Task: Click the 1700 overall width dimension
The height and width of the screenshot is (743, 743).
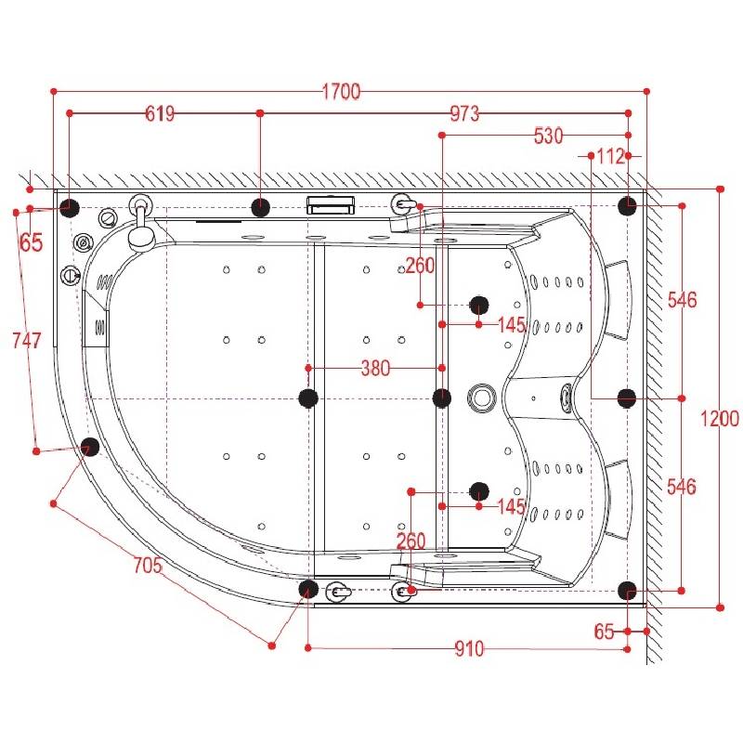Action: pyautogui.click(x=341, y=91)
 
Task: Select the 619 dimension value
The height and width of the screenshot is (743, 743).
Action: pyautogui.click(x=160, y=114)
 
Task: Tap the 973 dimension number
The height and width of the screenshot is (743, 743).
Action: pyautogui.click(x=464, y=114)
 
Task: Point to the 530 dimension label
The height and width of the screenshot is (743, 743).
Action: pyautogui.click(x=548, y=137)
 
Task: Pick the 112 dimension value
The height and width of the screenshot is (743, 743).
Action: pyautogui.click(x=609, y=157)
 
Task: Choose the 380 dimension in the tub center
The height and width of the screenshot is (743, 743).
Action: pyautogui.click(x=375, y=369)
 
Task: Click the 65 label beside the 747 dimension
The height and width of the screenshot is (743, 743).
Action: pyautogui.click(x=31, y=243)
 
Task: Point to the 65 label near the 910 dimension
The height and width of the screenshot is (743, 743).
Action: pyautogui.click(x=605, y=632)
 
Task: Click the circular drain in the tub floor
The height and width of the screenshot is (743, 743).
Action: pyautogui.click(x=483, y=398)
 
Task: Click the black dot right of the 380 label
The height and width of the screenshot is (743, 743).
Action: pyautogui.click(x=442, y=398)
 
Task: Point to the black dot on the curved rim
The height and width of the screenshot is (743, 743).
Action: pyautogui.click(x=90, y=447)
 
